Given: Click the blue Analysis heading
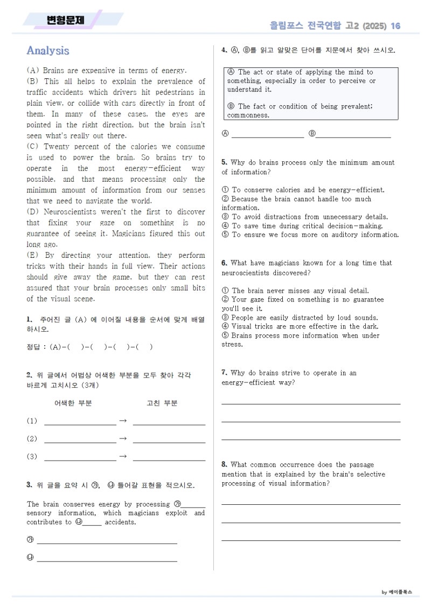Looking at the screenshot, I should (x=48, y=51).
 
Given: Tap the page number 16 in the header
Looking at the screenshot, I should (x=395, y=26).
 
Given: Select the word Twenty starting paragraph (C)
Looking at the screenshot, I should (x=57, y=147).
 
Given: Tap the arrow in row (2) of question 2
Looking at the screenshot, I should (x=122, y=439).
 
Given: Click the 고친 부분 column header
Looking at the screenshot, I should (x=162, y=403).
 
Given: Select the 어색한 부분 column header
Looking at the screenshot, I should (x=73, y=403).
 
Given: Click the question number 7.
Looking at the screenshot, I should (x=224, y=373).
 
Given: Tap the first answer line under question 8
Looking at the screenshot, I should (x=311, y=504).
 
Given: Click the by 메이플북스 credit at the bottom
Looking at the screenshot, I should (x=397, y=592).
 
